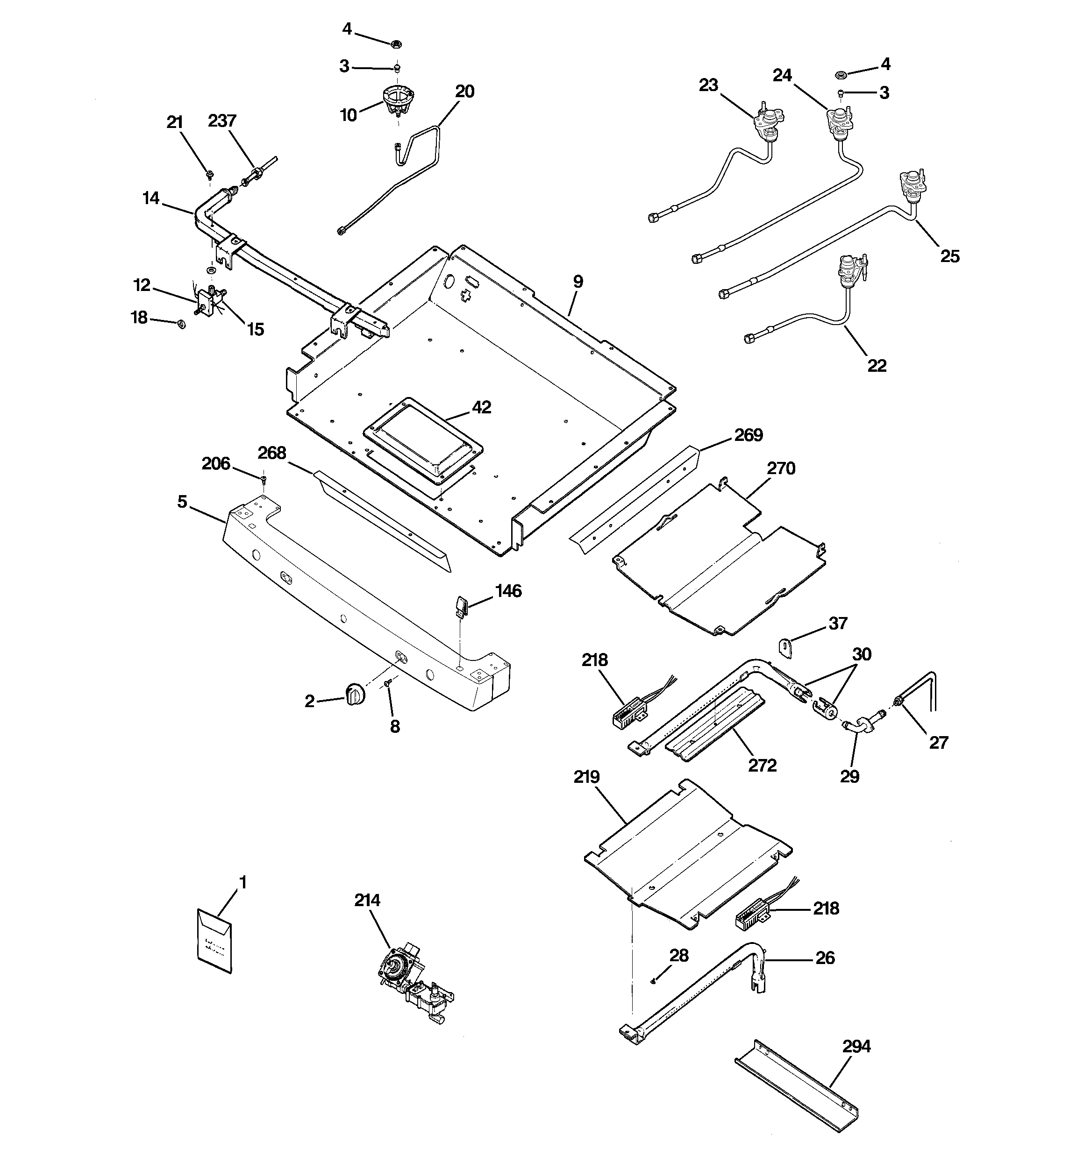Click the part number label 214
(x=367, y=900)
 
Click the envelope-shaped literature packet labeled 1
(x=213, y=943)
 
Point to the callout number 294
(x=856, y=1046)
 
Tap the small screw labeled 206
(x=263, y=479)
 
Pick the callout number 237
(x=222, y=121)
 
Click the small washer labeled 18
(x=181, y=324)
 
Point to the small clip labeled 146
(x=462, y=605)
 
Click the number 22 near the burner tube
(x=877, y=365)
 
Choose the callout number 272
(x=762, y=765)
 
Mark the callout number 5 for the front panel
(x=182, y=501)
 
